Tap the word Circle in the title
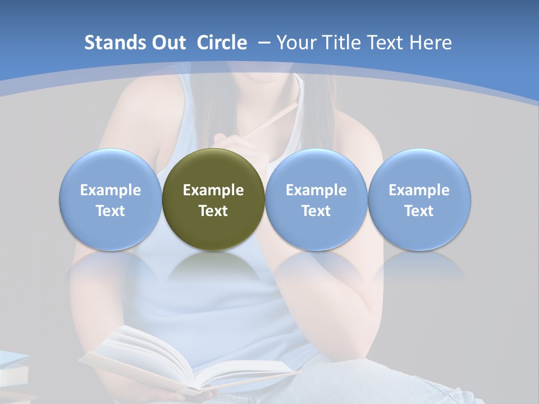222,43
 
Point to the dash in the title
264,43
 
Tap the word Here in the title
431,43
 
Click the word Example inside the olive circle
213,190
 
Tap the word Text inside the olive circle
213,211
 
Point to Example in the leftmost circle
110,190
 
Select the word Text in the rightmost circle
419,211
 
